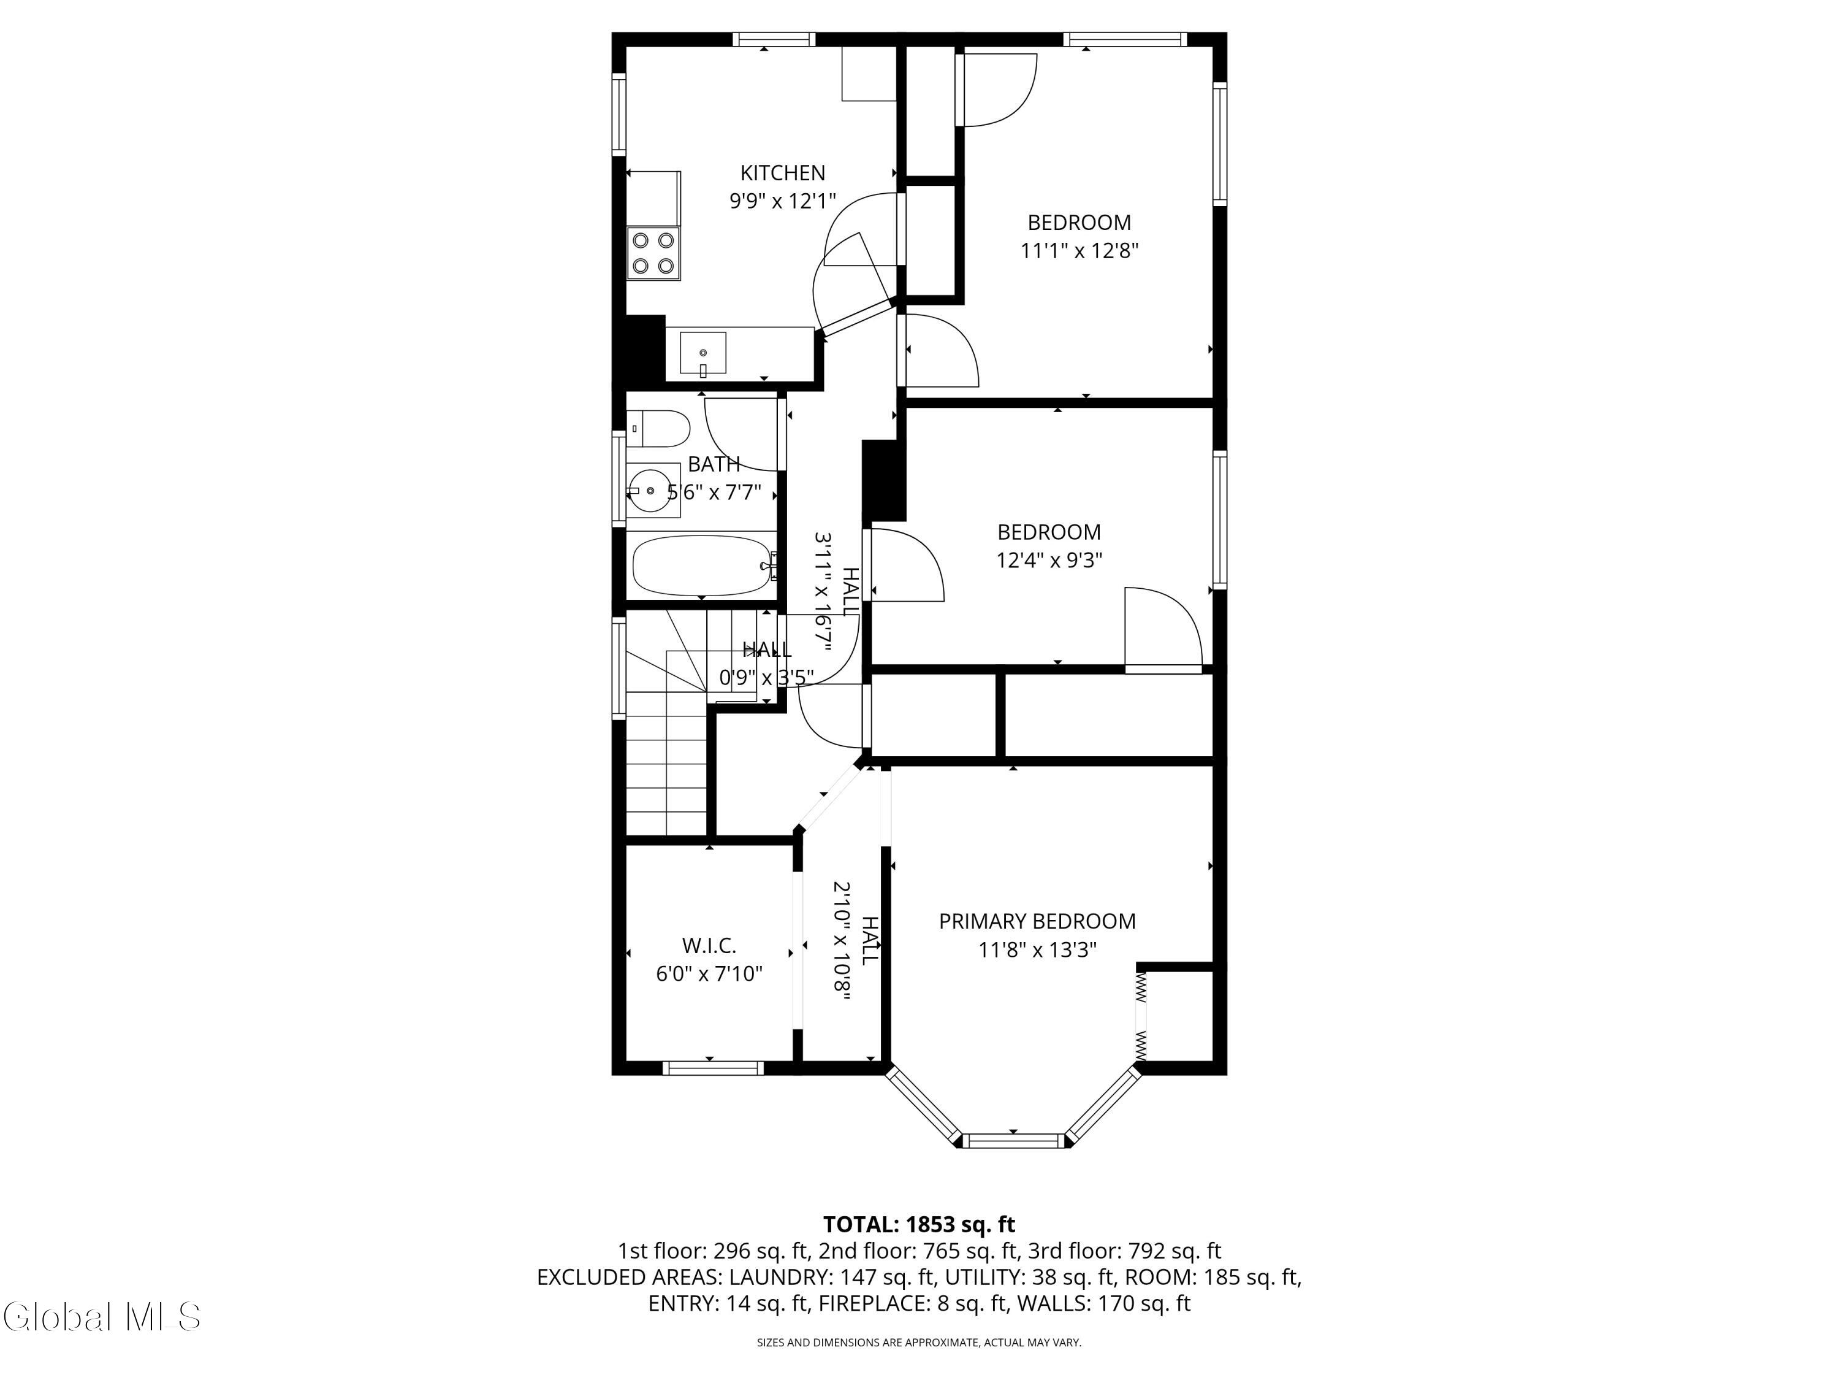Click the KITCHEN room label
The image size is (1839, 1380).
click(x=782, y=173)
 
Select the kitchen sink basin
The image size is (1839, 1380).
click(x=703, y=353)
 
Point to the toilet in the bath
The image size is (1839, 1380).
click(x=658, y=428)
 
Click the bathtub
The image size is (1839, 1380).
click(x=703, y=565)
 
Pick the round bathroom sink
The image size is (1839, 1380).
click(x=649, y=491)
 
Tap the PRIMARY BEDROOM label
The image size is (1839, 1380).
click(x=1037, y=922)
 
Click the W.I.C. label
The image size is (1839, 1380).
click(x=709, y=946)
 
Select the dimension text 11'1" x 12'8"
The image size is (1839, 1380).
click(x=1079, y=250)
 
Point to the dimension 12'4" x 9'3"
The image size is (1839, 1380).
click(x=1049, y=560)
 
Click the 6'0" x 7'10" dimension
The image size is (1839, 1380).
click(x=709, y=974)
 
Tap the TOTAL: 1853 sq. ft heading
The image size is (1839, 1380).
click(x=919, y=1224)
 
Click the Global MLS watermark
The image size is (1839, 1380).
click(x=101, y=1317)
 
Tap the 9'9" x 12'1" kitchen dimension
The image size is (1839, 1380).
click(x=782, y=201)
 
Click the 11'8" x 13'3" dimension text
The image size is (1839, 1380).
click(x=1038, y=950)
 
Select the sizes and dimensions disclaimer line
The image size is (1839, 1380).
click(x=919, y=1342)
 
